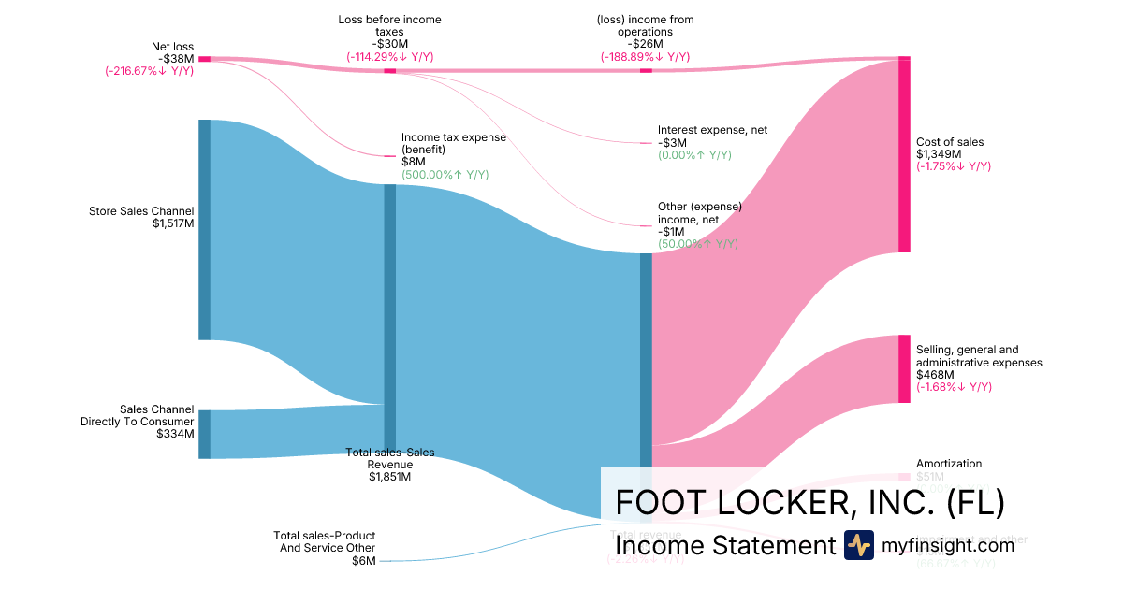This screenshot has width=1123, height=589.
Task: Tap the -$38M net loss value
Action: click(x=176, y=58)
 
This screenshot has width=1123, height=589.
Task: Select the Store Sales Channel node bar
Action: click(x=204, y=229)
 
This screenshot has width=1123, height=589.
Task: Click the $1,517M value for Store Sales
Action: click(x=173, y=223)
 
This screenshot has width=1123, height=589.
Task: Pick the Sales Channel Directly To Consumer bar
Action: click(x=204, y=434)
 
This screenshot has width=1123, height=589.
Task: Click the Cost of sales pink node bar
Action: click(x=904, y=154)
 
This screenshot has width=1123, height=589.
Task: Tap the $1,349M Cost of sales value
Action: click(x=937, y=154)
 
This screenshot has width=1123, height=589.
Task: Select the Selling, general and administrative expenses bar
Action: click(x=904, y=368)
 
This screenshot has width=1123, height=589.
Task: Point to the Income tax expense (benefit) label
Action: click(x=453, y=143)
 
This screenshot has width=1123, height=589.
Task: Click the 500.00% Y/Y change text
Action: click(x=445, y=175)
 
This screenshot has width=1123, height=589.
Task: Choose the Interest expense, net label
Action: click(x=712, y=130)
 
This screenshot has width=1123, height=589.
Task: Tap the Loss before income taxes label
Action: click(x=389, y=25)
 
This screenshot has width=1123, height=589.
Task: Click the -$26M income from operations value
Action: click(x=645, y=44)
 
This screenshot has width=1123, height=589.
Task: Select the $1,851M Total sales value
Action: click(x=389, y=477)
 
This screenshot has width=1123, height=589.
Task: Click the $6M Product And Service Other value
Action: click(x=363, y=561)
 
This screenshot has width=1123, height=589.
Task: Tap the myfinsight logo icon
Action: click(x=858, y=545)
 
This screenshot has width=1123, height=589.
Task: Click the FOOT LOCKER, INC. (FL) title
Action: click(x=809, y=502)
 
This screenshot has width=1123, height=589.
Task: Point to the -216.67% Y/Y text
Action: click(x=149, y=70)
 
